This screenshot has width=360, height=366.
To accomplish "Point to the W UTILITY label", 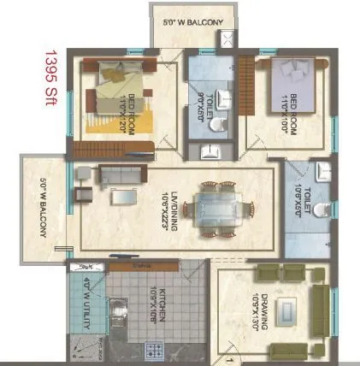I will [x=89, y=292].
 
